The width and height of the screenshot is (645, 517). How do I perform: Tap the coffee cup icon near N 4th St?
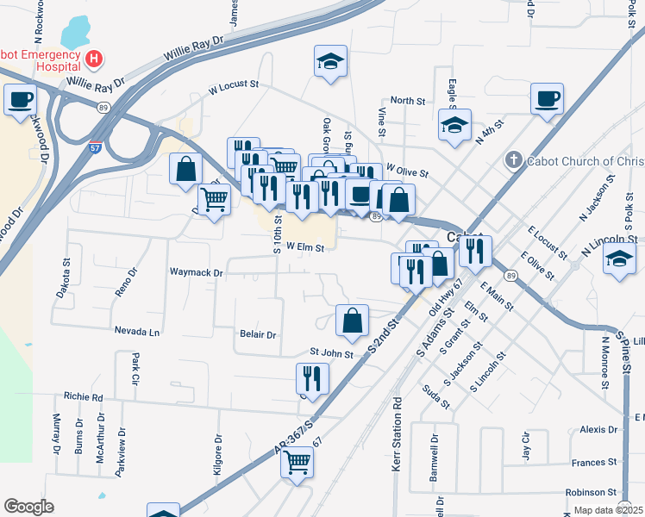pyautogui.click(x=547, y=99)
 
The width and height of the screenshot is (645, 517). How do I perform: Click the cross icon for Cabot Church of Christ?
pyautogui.click(x=512, y=160)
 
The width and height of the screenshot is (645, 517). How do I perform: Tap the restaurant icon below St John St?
pyautogui.click(x=312, y=379)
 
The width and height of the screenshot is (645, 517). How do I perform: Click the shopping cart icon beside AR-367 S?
pyautogui.click(x=297, y=463)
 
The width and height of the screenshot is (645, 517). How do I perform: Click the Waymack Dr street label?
pyautogui.click(x=197, y=272)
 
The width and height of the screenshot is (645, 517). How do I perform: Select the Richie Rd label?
pyautogui.click(x=84, y=397)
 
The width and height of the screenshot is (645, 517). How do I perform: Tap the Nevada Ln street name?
pyautogui.click(x=137, y=331)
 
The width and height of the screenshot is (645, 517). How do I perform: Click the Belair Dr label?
pyautogui.click(x=258, y=334)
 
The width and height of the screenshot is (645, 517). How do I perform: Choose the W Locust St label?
pyautogui.click(x=234, y=85)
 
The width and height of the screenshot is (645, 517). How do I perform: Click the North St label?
pyautogui.click(x=408, y=101)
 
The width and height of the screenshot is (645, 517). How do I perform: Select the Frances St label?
pyautogui.click(x=594, y=463)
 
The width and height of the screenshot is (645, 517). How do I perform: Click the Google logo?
pyautogui.click(x=28, y=506)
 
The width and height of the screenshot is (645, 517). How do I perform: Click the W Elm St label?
pyautogui.click(x=304, y=247)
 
